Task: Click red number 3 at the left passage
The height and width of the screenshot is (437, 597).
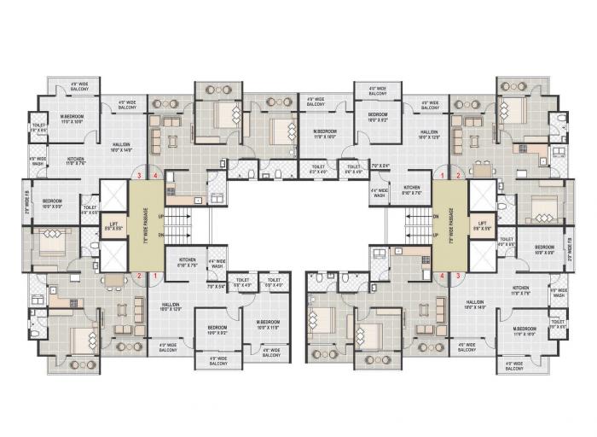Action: tap(139, 176)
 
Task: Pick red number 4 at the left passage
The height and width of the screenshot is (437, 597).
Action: tap(155, 176)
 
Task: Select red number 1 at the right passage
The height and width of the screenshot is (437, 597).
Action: tap(443, 176)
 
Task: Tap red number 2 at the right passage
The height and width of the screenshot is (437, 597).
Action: tap(458, 176)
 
